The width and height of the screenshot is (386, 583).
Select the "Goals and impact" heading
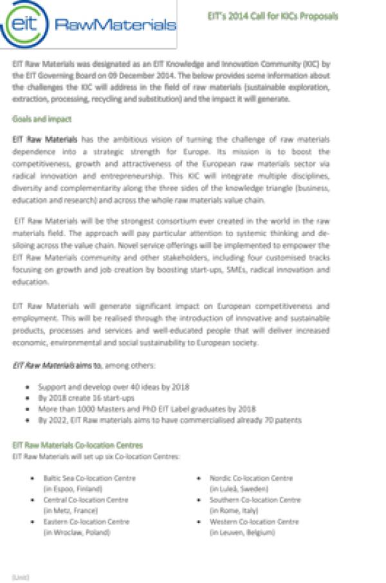point(42,120)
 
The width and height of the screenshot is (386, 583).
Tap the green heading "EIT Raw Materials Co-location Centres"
point(78,445)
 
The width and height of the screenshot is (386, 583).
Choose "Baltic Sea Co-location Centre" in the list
point(89,478)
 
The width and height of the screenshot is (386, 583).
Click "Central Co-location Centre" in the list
point(86,500)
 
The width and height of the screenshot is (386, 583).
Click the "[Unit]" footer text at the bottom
point(21,577)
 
